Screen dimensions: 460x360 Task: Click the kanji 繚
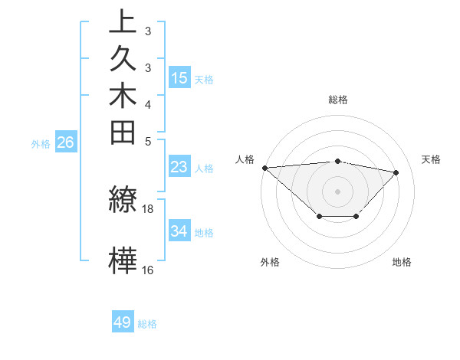(123, 200)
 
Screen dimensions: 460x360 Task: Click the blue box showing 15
(179, 78)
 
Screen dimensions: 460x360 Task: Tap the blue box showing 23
(179, 167)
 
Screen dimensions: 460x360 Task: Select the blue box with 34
(179, 231)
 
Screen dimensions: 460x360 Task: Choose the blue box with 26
(66, 142)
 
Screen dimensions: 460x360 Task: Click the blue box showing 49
(123, 322)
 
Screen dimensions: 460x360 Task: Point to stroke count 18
(148, 208)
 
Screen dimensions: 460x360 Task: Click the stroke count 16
(148, 270)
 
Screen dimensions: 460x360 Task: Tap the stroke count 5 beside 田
(148, 141)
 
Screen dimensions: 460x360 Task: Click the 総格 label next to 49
(147, 324)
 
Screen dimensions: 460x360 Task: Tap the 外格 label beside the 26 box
(41, 143)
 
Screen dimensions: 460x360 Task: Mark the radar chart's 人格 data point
(264, 168)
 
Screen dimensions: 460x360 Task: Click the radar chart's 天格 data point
(396, 172)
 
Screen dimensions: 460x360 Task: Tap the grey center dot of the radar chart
(337, 191)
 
